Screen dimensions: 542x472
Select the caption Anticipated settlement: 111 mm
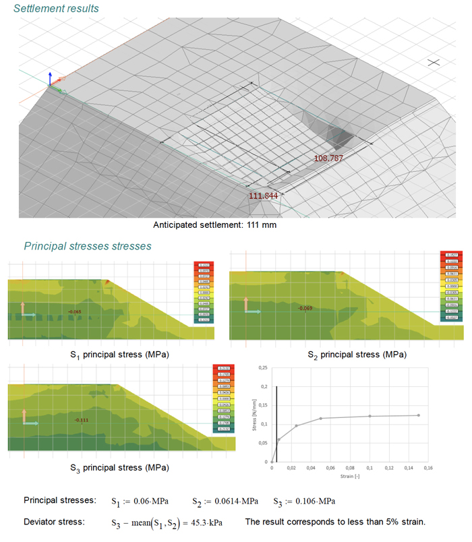coord(215,225)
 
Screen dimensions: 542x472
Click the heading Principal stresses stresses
coord(88,246)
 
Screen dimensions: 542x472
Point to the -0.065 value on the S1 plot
coord(74,311)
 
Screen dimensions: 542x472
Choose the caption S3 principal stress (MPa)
coord(119,466)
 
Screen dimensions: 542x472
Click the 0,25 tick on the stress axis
coord(263,367)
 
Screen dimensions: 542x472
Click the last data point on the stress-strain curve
coord(419,415)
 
